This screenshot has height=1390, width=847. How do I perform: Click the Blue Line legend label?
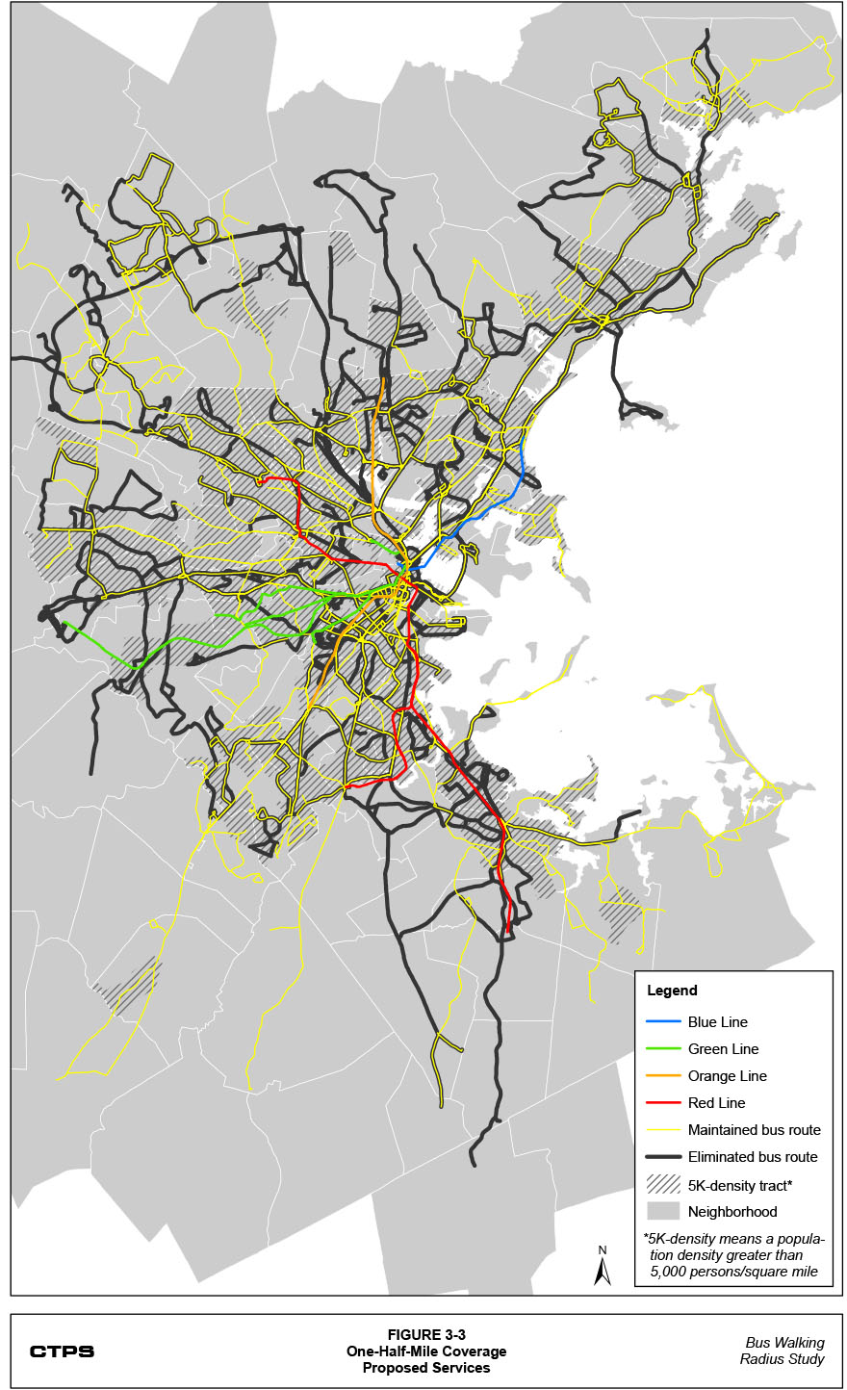pyautogui.click(x=717, y=1022)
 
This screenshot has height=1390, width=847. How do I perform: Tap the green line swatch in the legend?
pyautogui.click(x=662, y=1049)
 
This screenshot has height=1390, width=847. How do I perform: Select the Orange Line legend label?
pyautogui.click(x=727, y=1076)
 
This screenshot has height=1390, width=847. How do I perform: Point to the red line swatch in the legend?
pyautogui.click(x=662, y=1103)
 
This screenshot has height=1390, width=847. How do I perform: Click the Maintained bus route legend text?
pyautogui.click(x=754, y=1130)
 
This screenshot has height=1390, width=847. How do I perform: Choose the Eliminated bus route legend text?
pyautogui.click(x=753, y=1157)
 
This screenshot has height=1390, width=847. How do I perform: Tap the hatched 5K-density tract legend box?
pyautogui.click(x=662, y=1185)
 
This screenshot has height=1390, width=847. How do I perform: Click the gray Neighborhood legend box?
pyautogui.click(x=662, y=1212)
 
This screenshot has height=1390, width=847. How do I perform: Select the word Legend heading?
pyautogui.click(x=672, y=991)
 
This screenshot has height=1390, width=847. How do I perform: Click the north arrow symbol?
pyautogui.click(x=603, y=1268)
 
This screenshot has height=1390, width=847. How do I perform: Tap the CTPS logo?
pyautogui.click(x=62, y=1351)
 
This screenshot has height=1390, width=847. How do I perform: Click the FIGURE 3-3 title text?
pyautogui.click(x=426, y=1335)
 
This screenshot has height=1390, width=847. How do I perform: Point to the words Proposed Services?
pyautogui.click(x=426, y=1368)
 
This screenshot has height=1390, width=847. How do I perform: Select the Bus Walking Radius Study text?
pyautogui.click(x=782, y=1351)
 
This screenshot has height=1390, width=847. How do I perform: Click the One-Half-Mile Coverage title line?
pyautogui.click(x=426, y=1351)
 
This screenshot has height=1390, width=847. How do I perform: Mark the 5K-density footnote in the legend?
pyautogui.click(x=733, y=1255)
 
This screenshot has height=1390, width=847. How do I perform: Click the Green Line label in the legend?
pyautogui.click(x=723, y=1049)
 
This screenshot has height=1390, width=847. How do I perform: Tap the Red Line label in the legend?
pyautogui.click(x=716, y=1103)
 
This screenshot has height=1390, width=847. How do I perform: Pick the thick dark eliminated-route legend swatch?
pyautogui.click(x=662, y=1157)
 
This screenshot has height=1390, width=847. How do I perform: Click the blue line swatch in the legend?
pyautogui.click(x=662, y=1022)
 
